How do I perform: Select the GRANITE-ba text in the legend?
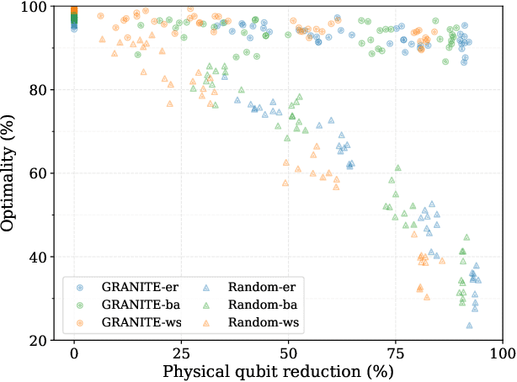tap(136, 303)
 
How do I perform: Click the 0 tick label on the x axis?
tap(74, 353)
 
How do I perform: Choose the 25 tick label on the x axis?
tap(181, 353)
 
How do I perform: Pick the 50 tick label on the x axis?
tap(288, 353)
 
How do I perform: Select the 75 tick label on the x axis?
tap(395, 353)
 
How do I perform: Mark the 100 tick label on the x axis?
tap(502, 353)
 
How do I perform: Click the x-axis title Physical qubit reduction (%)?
tap(288, 370)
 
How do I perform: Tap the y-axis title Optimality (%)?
tap(10, 173)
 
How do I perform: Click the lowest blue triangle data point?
tap(469, 325)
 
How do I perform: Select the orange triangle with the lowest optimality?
tap(427, 297)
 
